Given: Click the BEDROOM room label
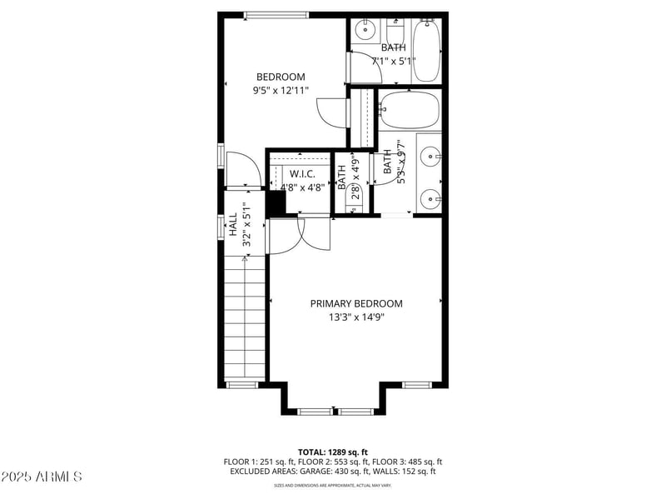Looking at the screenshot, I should (281, 77).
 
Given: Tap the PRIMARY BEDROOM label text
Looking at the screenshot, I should (356, 304).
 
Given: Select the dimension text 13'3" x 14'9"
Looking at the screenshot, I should (356, 317).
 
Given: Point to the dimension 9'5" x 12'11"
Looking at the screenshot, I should (281, 90).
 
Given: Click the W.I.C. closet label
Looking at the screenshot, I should (302, 173).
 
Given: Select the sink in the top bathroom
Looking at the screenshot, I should (365, 31).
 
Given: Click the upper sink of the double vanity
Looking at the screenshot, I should (430, 155).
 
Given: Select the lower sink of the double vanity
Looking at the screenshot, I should (430, 198).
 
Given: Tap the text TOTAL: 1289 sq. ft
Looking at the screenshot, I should (333, 452).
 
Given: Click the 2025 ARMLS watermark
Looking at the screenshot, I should (42, 477).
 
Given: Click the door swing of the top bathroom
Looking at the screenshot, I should (364, 67).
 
